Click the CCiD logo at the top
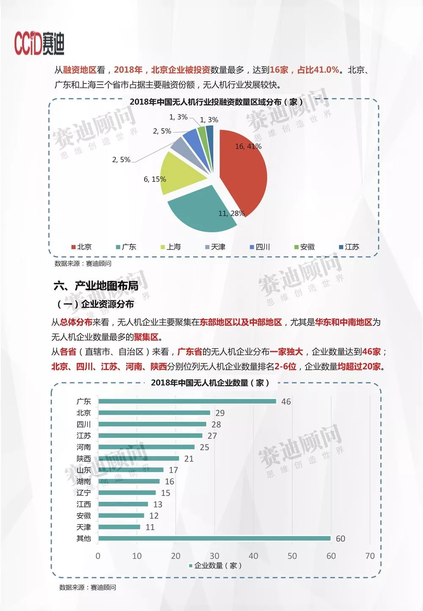pos(39,43)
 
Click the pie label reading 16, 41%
pos(248,146)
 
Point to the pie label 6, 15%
pos(155,179)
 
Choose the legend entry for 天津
pos(215,247)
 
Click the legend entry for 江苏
pos(349,247)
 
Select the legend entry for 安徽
pos(305,247)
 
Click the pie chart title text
pos(216,102)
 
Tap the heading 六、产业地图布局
pos(96,286)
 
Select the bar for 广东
pos(187,402)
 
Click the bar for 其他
pos(214,539)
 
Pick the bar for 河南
pos(146,447)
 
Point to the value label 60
pos(341,539)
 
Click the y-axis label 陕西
pos(84,459)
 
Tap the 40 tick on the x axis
pos(253,556)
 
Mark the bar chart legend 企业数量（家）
pos(215,566)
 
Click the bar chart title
pos(210,383)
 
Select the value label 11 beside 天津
pos(150,527)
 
